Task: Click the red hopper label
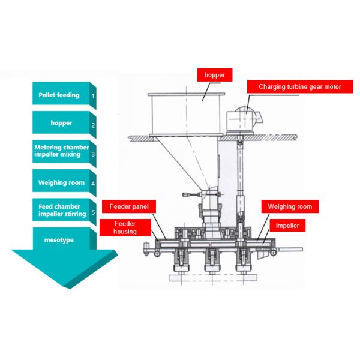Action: pyautogui.click(x=214, y=75)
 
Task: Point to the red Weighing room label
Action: pyautogui.click(x=290, y=207)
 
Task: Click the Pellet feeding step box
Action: pyautogui.click(x=59, y=95)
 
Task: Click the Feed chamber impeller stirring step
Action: pyautogui.click(x=59, y=211)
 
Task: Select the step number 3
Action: pyautogui.click(x=93, y=154)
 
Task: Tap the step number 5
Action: pyautogui.click(x=93, y=213)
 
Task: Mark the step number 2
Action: pyautogui.click(x=93, y=125)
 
